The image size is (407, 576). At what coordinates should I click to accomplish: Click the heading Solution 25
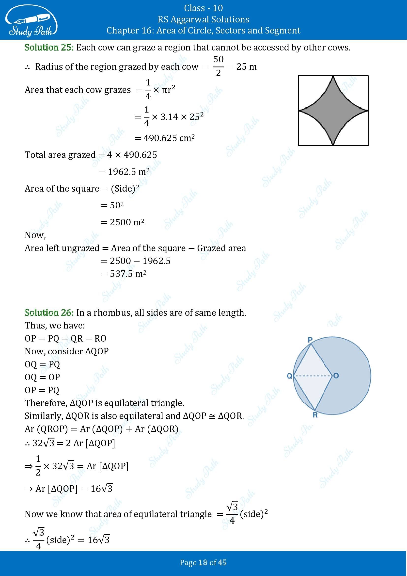[x=49, y=47]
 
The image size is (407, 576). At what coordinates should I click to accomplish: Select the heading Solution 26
[x=49, y=312]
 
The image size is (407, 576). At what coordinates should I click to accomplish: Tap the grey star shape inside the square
[x=333, y=110]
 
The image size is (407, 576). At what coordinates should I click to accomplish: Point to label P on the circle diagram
[x=310, y=340]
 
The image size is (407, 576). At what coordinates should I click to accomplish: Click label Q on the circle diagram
[x=289, y=376]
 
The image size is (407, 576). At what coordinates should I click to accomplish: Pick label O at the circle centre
[x=336, y=376]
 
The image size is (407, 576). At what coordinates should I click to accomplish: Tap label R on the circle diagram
[x=315, y=415]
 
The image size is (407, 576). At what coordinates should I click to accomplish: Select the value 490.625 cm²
[x=169, y=138]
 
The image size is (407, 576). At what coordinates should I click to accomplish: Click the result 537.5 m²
[x=128, y=274]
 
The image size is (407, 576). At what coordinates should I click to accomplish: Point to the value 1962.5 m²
[x=128, y=172]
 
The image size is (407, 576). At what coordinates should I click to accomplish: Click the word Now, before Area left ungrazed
[x=35, y=235]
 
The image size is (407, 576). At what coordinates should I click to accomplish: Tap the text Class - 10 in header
[x=203, y=8]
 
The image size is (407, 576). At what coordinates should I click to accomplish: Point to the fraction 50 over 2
[x=218, y=66]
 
